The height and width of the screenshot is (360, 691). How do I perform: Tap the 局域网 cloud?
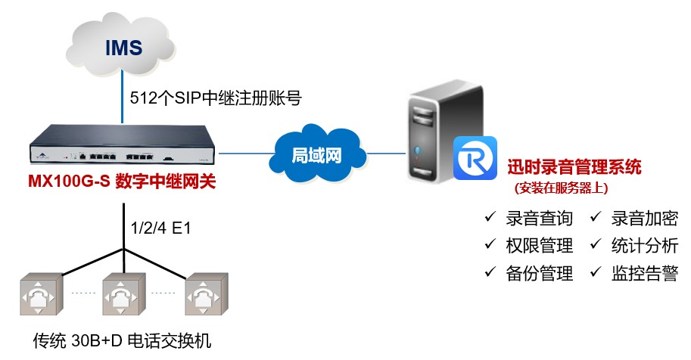(316, 154)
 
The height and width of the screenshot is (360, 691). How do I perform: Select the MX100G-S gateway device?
(122, 154)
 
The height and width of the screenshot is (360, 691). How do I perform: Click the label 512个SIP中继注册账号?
(216, 98)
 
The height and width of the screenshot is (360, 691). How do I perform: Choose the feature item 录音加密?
(644, 219)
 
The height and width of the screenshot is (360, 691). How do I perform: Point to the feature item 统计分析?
(644, 245)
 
